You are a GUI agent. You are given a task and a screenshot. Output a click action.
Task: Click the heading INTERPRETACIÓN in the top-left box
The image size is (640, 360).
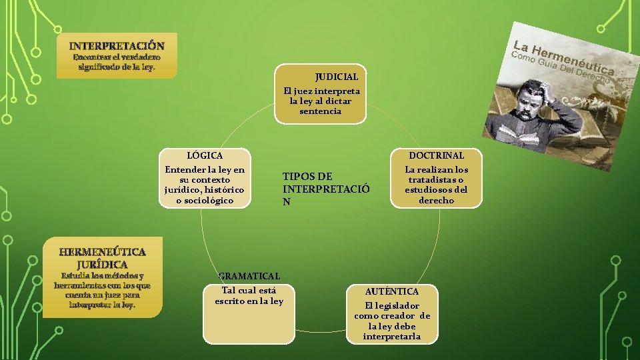coord(117,45)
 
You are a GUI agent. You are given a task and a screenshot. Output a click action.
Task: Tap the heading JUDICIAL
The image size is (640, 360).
coord(341,77)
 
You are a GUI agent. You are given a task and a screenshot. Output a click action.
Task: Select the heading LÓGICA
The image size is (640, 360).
coord(205,155)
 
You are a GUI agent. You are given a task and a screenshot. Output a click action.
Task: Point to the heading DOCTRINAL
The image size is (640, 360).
coord(436,155)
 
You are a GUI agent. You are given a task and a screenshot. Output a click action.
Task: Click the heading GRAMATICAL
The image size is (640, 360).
coord(249,276)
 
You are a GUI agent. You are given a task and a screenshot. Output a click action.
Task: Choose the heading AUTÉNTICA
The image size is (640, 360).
coord(392,291)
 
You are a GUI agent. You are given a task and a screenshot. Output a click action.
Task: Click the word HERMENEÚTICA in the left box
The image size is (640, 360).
coord(102,252)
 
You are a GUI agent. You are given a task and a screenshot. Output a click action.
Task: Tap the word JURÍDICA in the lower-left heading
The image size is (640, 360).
coord(102,265)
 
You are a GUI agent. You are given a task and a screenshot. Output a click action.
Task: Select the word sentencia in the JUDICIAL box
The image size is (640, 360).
coord(320,111)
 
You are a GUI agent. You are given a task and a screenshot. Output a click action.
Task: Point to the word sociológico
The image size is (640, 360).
coord(205,200)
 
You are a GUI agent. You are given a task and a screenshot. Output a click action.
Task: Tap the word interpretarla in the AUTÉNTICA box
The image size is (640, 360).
coord(392,336)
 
